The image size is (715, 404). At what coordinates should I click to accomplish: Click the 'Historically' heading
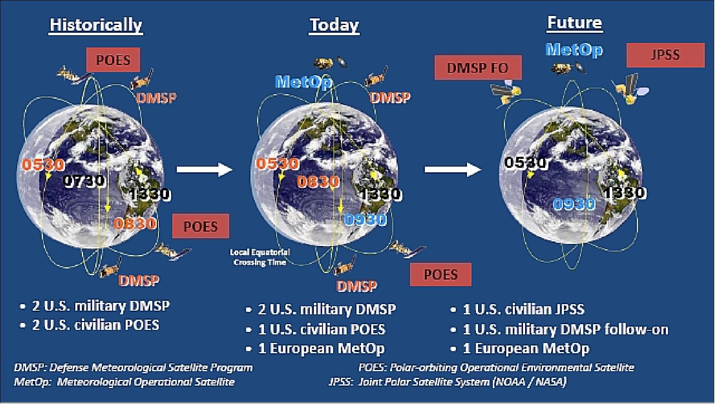tap(96, 25)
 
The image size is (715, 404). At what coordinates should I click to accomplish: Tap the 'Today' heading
tap(334, 25)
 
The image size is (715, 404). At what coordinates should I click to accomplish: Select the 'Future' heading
tap(574, 23)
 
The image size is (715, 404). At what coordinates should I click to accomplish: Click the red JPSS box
tap(665, 55)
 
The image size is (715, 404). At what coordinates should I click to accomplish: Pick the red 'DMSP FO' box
tap(478, 68)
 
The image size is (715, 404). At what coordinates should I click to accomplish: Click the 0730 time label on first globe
tap(85, 181)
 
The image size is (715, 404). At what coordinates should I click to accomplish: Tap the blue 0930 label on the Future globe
tap(574, 203)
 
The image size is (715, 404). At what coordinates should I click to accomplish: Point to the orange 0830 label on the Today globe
tap(318, 181)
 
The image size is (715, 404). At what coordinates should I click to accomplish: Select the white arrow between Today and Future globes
tap(452, 169)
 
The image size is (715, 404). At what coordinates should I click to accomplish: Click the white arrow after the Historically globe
tap(204, 169)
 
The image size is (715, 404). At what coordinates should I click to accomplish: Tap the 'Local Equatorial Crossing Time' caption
tap(259, 257)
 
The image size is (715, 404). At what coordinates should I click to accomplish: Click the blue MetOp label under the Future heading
tap(574, 50)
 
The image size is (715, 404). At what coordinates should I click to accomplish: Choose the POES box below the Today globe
tap(440, 274)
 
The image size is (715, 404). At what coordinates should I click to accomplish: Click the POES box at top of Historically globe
tap(113, 60)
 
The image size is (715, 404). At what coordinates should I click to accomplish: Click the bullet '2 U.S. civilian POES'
tap(95, 325)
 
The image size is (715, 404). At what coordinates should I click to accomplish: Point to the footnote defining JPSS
tap(447, 382)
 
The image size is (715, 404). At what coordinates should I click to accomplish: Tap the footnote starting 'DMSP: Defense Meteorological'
tap(133, 367)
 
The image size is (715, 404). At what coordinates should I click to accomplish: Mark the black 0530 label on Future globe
tap(526, 163)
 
